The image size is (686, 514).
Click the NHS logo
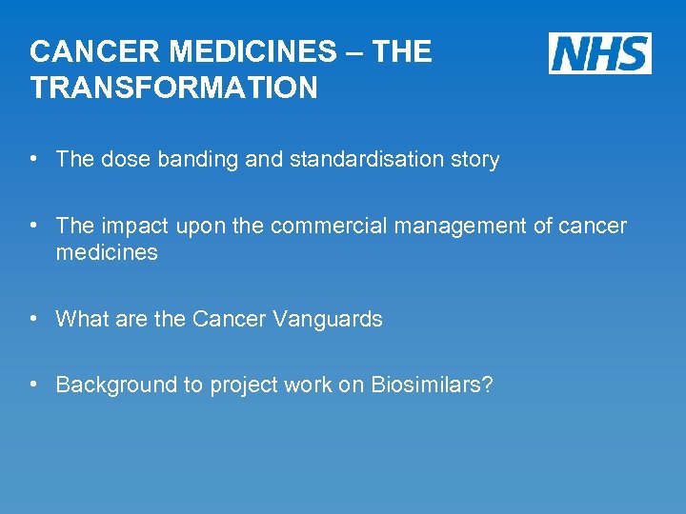tap(599, 52)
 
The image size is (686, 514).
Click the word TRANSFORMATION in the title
tap(173, 89)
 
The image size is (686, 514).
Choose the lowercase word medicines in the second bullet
tap(107, 252)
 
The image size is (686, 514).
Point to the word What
tap(79, 319)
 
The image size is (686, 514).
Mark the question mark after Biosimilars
tap(487, 385)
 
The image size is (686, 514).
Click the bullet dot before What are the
tap(34, 319)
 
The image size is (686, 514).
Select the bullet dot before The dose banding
tap(34, 159)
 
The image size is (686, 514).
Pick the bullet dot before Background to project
tap(34, 385)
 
